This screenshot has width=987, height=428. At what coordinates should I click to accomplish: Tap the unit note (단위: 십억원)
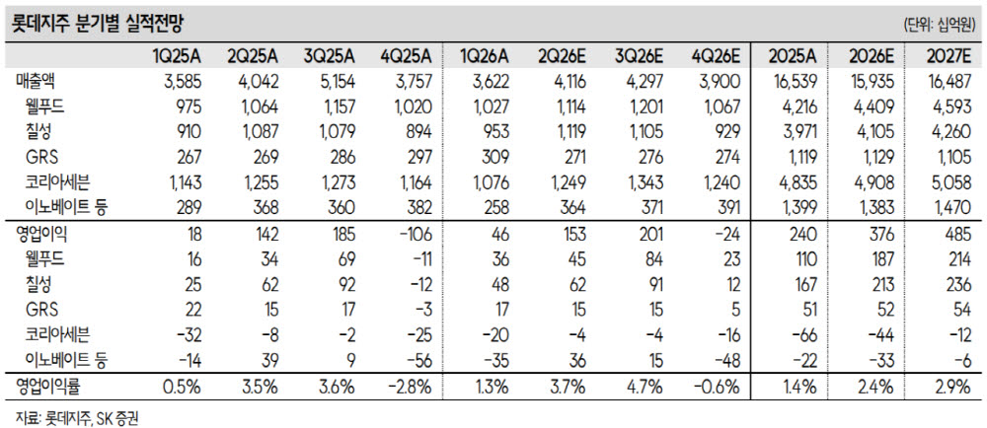941,26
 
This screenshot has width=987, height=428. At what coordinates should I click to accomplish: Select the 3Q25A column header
330,57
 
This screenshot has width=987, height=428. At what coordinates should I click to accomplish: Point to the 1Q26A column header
484,57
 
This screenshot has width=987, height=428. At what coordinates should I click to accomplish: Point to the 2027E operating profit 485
956,235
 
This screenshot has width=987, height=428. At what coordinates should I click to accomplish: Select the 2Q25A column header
253,57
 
